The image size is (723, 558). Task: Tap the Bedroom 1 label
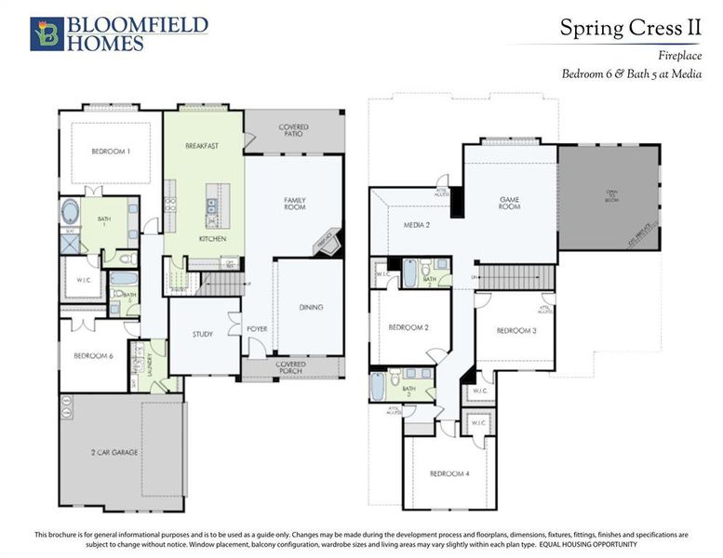(x=111, y=151)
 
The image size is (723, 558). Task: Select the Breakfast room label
(x=202, y=146)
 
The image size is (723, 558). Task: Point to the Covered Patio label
(x=293, y=131)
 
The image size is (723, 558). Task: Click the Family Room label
(x=295, y=203)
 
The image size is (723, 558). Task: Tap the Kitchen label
(x=212, y=239)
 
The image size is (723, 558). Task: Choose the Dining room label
(x=311, y=307)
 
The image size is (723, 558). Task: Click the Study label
(x=203, y=334)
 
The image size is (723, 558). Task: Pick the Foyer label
(x=257, y=329)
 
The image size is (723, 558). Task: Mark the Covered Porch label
(x=293, y=368)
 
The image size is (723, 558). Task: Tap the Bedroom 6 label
(x=92, y=355)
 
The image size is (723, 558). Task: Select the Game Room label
(x=509, y=203)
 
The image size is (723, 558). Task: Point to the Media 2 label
(x=415, y=225)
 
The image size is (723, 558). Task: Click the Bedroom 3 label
(x=515, y=330)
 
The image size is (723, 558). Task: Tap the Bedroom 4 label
(x=449, y=473)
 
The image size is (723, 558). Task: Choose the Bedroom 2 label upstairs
(x=408, y=327)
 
